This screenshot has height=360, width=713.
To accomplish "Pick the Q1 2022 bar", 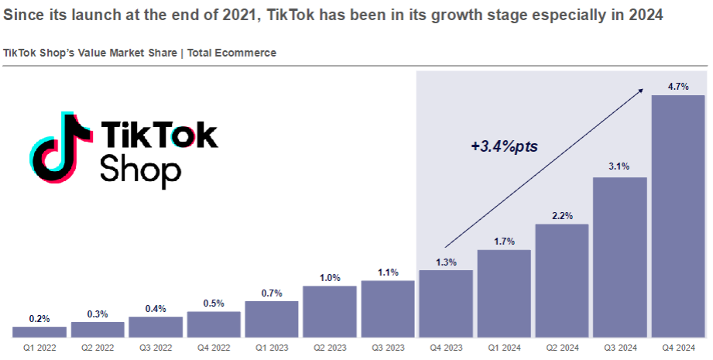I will [39, 332].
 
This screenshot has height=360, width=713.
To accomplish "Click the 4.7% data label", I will [678, 87].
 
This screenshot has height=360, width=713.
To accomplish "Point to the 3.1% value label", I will [620, 166].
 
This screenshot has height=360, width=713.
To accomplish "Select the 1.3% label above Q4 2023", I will [446, 262].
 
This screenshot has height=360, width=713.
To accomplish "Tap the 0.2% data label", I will [39, 318].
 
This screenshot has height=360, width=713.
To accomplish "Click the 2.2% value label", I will [562, 216].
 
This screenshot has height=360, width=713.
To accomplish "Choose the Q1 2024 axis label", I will [504, 349].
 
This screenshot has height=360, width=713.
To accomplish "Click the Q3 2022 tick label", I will [156, 349].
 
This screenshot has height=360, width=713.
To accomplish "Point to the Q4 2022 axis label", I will [214, 349].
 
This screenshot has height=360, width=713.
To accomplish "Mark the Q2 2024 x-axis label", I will [562, 349].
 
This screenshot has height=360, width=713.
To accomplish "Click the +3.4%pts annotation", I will [503, 146].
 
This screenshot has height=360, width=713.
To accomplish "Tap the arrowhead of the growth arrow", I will [640, 91].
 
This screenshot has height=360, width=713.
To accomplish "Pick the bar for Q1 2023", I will [272, 320].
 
